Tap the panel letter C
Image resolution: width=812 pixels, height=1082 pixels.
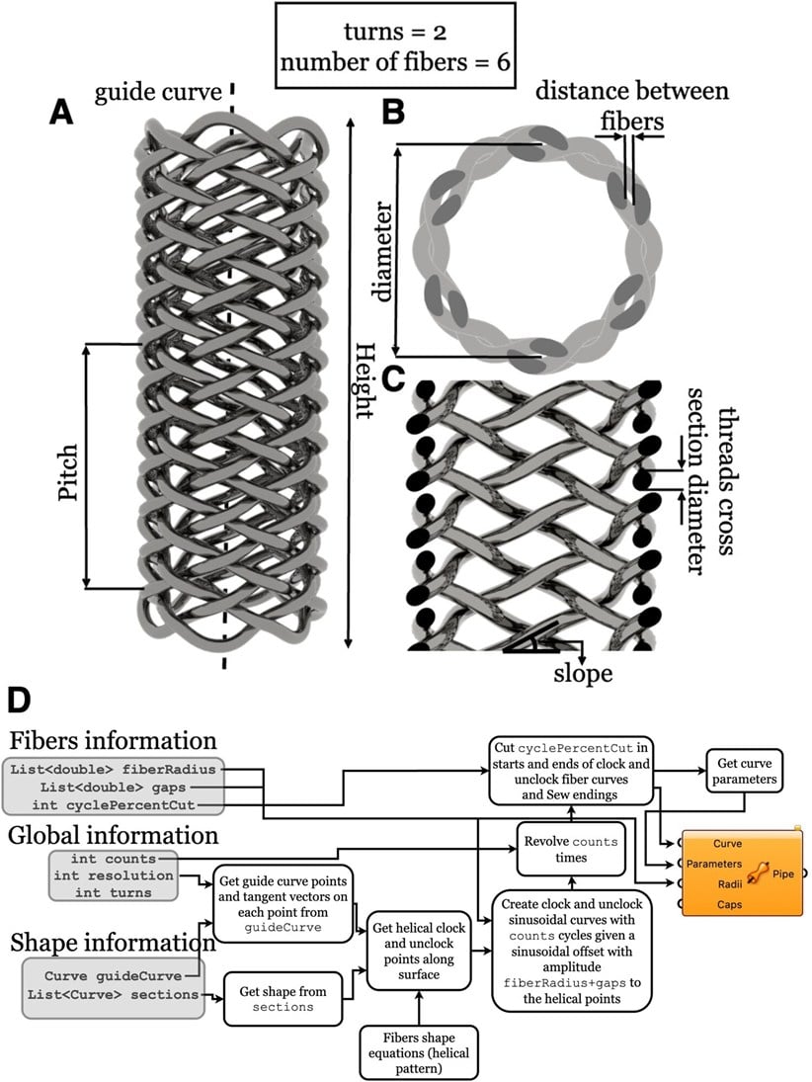[x=392, y=378]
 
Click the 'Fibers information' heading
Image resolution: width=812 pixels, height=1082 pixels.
[x=114, y=740]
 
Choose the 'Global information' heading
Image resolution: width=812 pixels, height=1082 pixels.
[x=115, y=835]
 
